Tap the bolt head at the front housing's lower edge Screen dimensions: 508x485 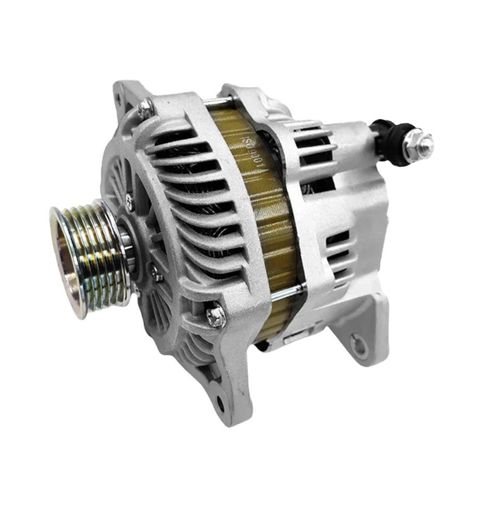216,315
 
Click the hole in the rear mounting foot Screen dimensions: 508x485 357,342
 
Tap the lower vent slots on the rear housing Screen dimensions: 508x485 339,248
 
